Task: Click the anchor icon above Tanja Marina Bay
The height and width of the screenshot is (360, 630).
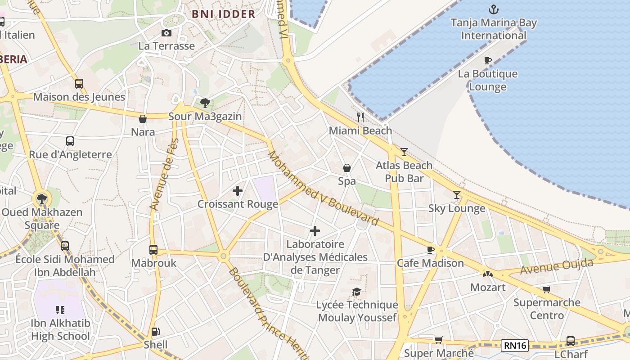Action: point(494,9)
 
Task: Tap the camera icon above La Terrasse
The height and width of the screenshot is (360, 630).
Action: point(166,33)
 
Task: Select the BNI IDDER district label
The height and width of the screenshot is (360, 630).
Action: point(223,14)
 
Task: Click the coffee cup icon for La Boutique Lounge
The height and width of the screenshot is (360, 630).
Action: point(487,60)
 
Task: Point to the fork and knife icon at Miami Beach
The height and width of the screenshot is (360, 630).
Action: point(360,117)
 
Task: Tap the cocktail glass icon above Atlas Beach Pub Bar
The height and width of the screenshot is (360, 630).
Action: point(404,152)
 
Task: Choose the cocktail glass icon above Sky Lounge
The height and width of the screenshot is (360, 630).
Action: point(457,195)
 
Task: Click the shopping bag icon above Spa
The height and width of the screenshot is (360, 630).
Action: point(347,168)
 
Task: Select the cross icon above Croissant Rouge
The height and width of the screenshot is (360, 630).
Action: point(238,191)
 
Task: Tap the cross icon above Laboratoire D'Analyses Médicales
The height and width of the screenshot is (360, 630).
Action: point(315,231)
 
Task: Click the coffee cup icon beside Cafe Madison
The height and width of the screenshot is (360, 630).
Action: point(431,250)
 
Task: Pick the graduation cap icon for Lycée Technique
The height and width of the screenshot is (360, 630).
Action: point(357,292)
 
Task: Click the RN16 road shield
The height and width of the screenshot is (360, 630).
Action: point(515,346)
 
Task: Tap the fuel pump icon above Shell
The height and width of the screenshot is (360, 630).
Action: point(155,332)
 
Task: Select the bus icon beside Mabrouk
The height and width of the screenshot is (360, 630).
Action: point(153,250)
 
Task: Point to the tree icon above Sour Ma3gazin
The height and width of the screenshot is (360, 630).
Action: point(205,103)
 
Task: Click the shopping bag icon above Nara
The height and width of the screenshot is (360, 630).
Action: point(143,119)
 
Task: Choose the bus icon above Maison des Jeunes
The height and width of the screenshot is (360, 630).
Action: point(79,84)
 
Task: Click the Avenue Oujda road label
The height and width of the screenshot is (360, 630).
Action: point(557,266)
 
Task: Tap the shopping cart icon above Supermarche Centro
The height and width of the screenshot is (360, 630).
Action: point(546,289)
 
